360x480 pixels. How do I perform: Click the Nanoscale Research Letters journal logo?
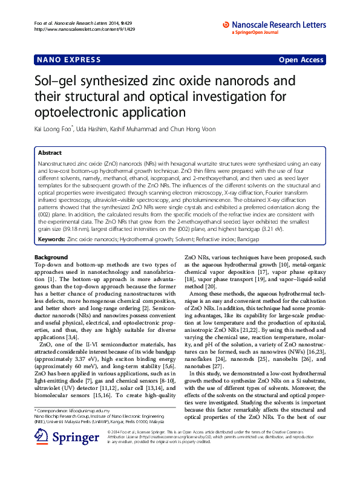coord(274,24)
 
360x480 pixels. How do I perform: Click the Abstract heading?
coord(50,154)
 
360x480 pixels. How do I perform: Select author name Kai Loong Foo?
coord(53,128)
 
